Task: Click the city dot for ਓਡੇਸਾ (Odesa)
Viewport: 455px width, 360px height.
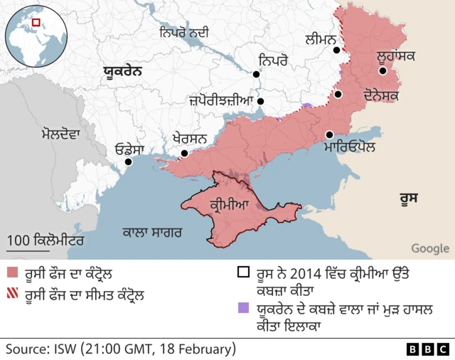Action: (129, 162)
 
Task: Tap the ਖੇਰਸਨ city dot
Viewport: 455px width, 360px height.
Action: (184, 153)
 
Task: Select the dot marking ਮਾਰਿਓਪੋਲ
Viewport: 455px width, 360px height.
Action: (330, 134)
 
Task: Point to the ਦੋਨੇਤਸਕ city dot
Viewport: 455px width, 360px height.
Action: (339, 94)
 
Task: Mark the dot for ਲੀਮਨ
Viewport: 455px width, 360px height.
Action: (339, 51)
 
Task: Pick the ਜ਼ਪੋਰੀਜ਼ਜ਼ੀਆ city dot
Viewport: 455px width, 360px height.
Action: (261, 101)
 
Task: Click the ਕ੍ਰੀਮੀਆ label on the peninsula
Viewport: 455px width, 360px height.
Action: (230, 206)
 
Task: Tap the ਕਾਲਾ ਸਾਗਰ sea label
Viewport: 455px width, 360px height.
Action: (152, 232)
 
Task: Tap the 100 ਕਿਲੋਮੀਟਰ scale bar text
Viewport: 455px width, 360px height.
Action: (45, 240)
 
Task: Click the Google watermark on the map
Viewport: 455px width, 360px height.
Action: (429, 248)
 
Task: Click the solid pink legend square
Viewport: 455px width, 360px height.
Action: (11, 273)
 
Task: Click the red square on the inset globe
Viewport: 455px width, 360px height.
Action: (36, 23)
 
